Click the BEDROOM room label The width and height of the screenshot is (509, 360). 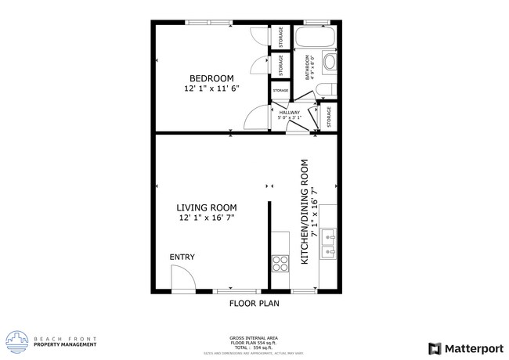211,77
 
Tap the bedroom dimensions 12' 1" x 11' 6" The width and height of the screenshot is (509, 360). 211,88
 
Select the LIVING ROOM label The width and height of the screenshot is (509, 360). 207,207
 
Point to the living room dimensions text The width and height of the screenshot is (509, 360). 207,218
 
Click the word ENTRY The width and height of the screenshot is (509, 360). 182,257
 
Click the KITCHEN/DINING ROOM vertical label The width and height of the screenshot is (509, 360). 305,211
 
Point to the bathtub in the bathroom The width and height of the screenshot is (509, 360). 316,38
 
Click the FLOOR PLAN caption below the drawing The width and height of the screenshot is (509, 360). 254,303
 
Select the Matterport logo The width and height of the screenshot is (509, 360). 464,347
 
